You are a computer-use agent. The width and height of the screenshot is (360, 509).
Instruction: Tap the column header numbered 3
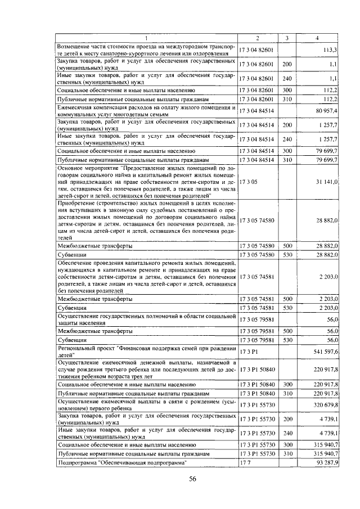tap(287, 38)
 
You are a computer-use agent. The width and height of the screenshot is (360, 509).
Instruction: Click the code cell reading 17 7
tap(245, 462)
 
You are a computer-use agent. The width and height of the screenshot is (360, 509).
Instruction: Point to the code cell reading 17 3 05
tap(248, 182)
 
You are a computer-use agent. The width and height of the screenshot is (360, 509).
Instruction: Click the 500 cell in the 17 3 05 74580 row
tap(287, 246)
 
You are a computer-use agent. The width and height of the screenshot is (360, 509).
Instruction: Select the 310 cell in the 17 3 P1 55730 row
tap(287, 453)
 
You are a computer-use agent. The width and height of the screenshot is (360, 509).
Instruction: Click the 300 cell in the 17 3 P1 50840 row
tap(287, 384)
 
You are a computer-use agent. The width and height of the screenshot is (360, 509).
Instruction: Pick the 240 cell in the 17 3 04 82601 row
tap(287, 79)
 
